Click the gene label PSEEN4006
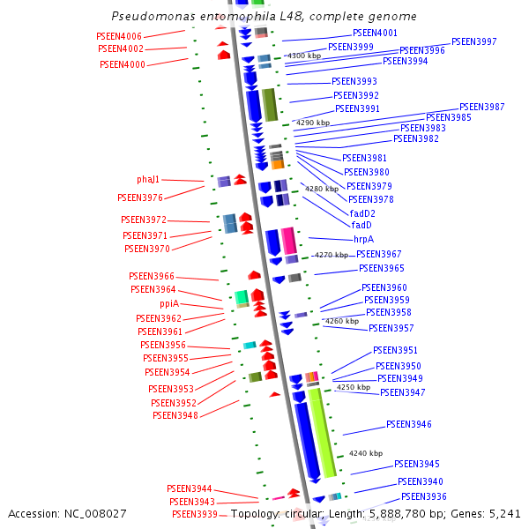(x=119, y=36)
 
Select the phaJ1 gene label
(x=149, y=179)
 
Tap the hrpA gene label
(x=363, y=239)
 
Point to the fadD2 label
(x=362, y=213)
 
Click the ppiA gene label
(x=169, y=303)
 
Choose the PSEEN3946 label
(x=408, y=424)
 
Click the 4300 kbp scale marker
(x=304, y=56)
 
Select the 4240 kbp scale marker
(x=366, y=453)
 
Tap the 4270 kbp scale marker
(x=332, y=255)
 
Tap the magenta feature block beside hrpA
(x=288, y=240)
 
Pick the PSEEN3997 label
(x=473, y=41)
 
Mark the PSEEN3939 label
(x=194, y=514)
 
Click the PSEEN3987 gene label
(x=481, y=107)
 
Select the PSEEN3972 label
(x=144, y=220)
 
